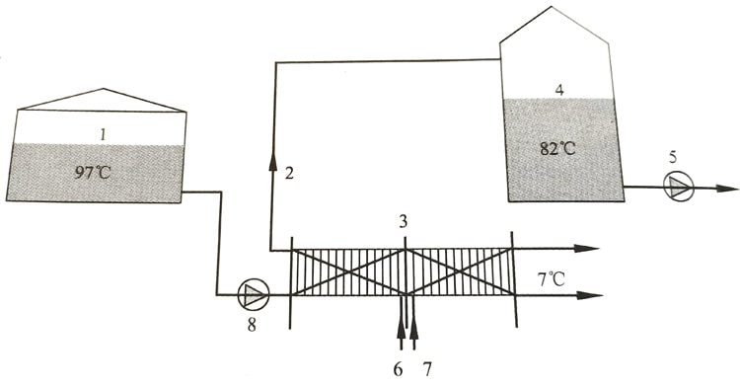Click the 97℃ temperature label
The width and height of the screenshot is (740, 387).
pyautogui.click(x=93, y=173)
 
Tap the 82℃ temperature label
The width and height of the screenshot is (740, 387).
pyautogui.click(x=557, y=149)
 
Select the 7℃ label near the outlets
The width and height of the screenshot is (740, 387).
pyautogui.click(x=551, y=279)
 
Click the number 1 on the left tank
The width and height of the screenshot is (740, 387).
pyautogui.click(x=103, y=135)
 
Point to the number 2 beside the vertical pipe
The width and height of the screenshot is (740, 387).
pyautogui.click(x=289, y=173)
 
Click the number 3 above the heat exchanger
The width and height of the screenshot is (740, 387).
pyautogui.click(x=403, y=221)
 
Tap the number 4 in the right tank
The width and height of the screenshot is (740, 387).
pyautogui.click(x=559, y=90)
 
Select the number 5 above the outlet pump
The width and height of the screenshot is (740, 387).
pyautogui.click(x=673, y=158)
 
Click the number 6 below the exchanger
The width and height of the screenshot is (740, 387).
pyautogui.click(x=398, y=370)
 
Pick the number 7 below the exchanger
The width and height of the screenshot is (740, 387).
pyautogui.click(x=427, y=370)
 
